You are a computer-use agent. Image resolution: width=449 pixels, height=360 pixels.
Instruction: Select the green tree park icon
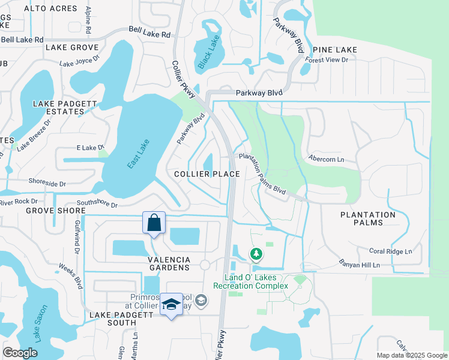point(256,254)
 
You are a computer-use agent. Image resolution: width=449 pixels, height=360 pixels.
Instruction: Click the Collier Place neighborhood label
point(207,174)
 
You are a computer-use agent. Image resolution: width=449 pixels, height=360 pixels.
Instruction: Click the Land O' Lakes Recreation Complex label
point(256,281)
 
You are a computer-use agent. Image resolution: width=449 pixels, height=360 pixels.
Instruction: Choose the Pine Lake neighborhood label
point(334,50)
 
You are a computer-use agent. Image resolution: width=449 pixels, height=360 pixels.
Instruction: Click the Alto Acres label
point(50,8)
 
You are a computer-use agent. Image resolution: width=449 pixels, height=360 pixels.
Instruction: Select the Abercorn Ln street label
point(326,160)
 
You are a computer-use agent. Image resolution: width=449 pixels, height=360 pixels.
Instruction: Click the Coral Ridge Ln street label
point(390,251)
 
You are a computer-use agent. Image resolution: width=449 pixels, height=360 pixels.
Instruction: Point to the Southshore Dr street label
point(96,205)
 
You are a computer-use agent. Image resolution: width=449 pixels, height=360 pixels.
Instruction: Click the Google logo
point(20,353)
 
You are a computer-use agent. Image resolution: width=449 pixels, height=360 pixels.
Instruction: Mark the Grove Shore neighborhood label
point(47,211)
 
